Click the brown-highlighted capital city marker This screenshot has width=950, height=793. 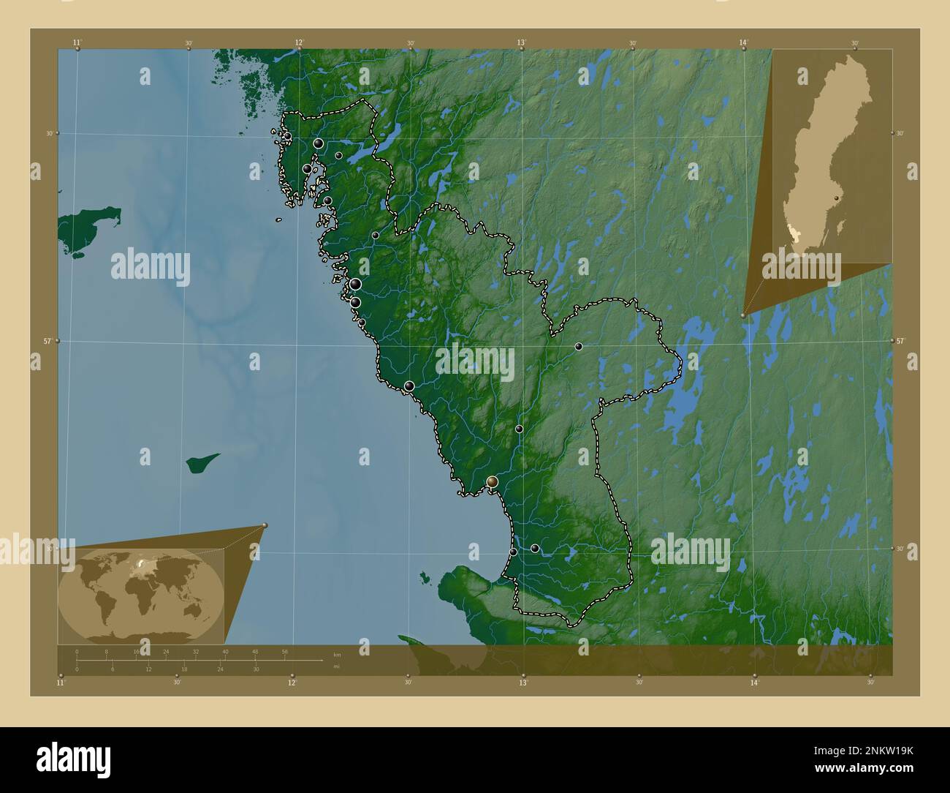click(x=493, y=481)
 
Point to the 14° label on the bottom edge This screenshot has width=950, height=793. click(x=754, y=683)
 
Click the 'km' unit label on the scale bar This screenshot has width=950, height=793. click(x=337, y=654)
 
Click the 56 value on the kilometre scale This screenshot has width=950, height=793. click(x=284, y=651)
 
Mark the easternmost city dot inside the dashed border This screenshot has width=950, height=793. click(x=578, y=346)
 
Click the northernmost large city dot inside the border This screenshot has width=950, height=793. click(x=319, y=143)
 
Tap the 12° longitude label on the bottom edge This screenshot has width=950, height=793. click(x=292, y=683)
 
